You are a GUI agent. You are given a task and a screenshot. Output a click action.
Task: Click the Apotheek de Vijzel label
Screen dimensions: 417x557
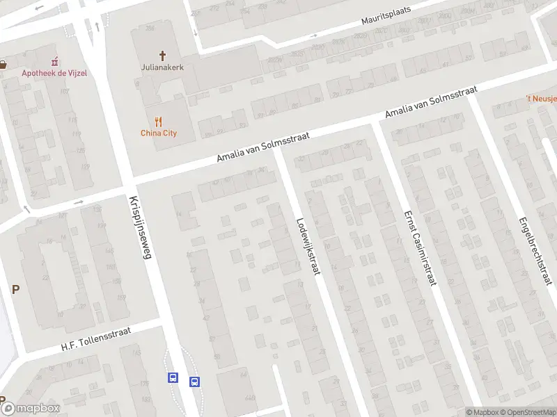click(x=54, y=73)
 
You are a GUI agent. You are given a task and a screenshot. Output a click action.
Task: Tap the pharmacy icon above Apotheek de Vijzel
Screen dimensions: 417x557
click(x=54, y=61)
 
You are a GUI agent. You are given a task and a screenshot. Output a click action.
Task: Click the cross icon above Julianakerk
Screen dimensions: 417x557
click(x=163, y=55)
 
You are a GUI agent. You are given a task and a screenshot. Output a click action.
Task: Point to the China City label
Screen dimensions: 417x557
click(x=159, y=133)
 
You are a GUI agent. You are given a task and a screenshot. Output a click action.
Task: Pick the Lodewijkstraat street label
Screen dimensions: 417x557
click(x=307, y=247)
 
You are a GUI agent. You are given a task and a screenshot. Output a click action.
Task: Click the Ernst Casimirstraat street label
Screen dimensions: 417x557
click(x=420, y=248)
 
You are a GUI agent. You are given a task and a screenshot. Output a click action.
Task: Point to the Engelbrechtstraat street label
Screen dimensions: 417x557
click(x=535, y=251)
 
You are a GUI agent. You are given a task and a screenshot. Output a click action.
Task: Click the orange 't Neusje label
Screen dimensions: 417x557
click(x=542, y=99)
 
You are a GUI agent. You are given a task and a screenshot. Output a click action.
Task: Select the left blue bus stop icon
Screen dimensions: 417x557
click(x=173, y=378)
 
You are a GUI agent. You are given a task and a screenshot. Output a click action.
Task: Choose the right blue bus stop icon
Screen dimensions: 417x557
click(x=195, y=381)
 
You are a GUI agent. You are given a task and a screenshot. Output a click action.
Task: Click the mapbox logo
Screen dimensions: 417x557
click(x=31, y=408)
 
